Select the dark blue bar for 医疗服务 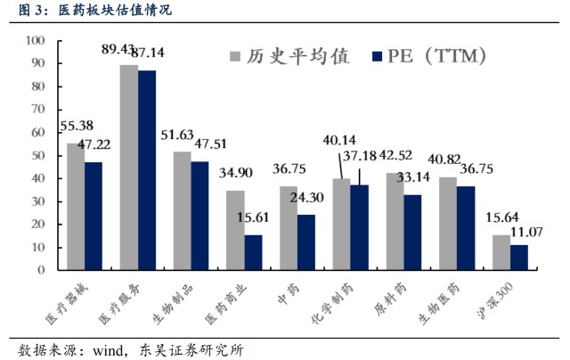[146, 170]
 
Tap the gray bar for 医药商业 [234, 230]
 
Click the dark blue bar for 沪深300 [518, 258]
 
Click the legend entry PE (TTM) [436, 58]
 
